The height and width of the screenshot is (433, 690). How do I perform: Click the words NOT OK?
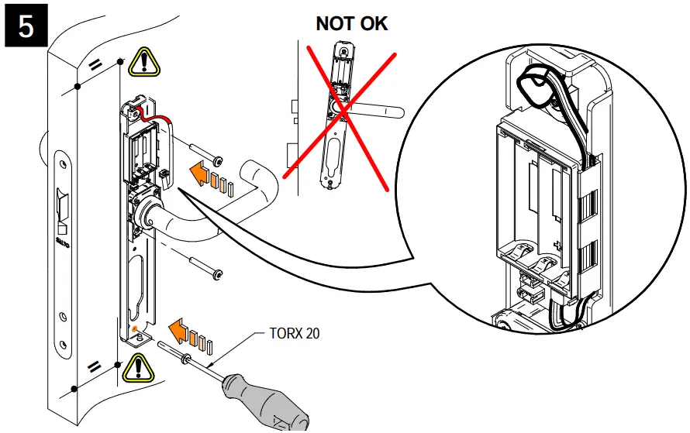tap(351, 23)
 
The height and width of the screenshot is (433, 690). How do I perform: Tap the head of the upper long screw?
tap(219, 160)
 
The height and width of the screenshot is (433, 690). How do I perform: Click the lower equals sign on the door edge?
tap(94, 366)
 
